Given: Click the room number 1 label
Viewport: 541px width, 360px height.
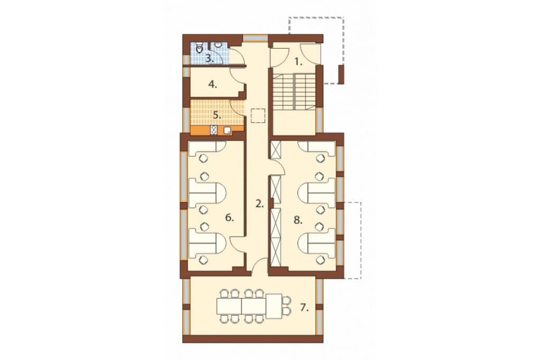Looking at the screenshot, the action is point(299,62).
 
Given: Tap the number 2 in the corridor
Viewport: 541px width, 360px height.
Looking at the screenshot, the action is point(259,204).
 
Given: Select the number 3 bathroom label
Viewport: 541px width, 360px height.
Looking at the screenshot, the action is point(209,58).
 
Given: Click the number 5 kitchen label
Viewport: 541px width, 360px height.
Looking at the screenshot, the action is point(216,115).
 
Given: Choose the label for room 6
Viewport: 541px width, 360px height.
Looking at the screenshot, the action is point(229,217).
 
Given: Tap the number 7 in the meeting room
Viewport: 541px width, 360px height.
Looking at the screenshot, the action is point(304,308).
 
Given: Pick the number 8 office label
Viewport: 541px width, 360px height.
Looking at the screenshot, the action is point(298,220).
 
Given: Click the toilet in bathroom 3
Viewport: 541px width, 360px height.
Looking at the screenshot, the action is point(199,48).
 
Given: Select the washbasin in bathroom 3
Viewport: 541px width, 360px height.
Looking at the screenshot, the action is point(218,45).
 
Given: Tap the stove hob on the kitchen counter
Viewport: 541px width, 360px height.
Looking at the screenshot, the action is point(214,130).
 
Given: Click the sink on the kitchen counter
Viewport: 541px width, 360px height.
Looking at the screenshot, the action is point(227,130).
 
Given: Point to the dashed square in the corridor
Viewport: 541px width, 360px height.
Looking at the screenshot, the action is point(258,116).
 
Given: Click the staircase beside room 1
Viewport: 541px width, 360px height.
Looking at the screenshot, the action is point(294,91).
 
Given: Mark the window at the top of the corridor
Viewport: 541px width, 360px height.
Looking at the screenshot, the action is point(255,38).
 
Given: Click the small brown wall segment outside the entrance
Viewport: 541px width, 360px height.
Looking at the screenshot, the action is point(341,74).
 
